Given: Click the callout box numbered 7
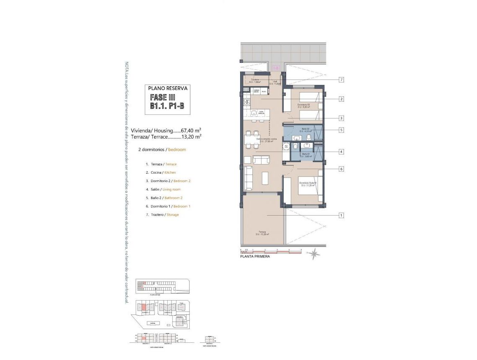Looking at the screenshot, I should (x=341, y=80).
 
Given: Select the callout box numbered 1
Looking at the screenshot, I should (x=341, y=215).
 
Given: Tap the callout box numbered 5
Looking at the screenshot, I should (x=341, y=130).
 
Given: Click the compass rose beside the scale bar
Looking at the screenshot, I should (x=314, y=253).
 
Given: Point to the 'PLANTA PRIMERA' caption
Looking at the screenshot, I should (x=255, y=257).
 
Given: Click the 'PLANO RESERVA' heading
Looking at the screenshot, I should (x=168, y=88).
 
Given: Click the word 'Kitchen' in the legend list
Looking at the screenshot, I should (x=170, y=172).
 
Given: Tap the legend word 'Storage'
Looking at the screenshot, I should (x=172, y=215).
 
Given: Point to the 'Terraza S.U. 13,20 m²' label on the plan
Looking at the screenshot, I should (x=262, y=233).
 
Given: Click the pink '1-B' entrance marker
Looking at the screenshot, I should (x=276, y=68).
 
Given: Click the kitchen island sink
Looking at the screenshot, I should (x=254, y=113).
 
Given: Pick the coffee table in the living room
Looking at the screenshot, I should (x=265, y=178).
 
